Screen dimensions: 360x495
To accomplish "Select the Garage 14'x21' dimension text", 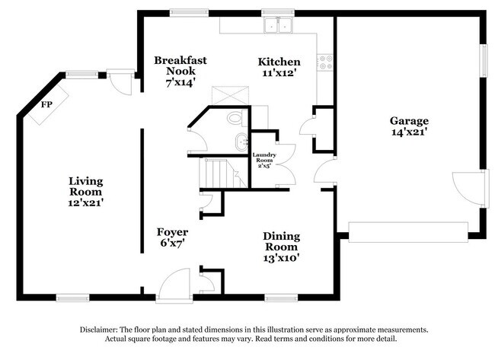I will coord(409,132).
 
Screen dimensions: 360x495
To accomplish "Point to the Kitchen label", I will coord(279,62).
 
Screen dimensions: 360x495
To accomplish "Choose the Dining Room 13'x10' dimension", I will coord(281,257).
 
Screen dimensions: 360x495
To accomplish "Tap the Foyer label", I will coord(172,231).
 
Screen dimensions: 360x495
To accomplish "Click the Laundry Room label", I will coord(264,158).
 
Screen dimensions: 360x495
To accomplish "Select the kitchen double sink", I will coord(279,27).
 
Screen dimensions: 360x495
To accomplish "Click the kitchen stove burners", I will coord(326,62).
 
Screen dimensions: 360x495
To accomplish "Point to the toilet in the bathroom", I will coord(235,119).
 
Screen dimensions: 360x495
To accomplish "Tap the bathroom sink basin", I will coord(241,141).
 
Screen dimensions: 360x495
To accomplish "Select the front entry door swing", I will coord(171,285).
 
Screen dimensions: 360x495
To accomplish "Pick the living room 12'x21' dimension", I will coord(85,202).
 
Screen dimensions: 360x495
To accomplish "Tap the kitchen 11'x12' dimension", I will coord(279,74).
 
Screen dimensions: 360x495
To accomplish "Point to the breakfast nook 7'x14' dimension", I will coord(180,80).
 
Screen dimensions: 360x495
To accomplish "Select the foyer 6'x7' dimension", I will coord(172,243).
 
